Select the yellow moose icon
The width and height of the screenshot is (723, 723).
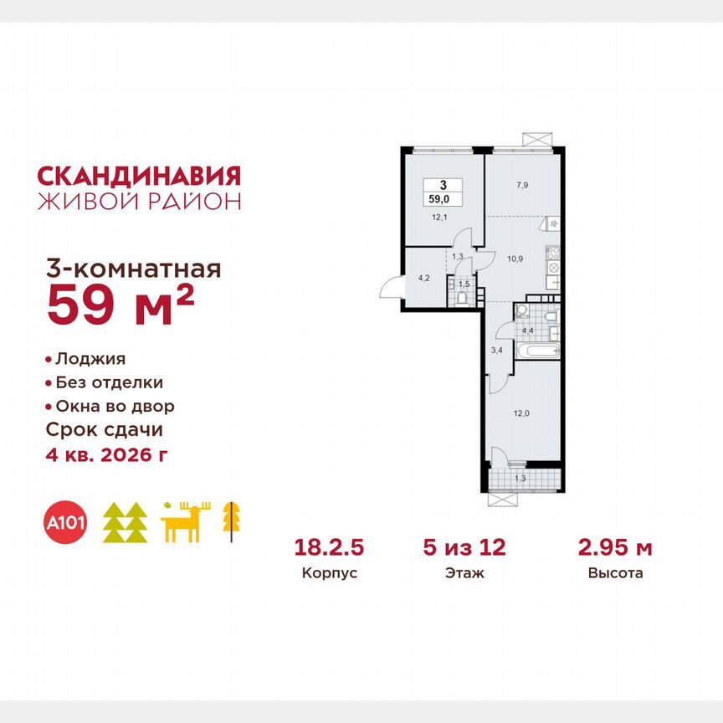pos(186,522)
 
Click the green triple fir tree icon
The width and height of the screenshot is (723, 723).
pos(125,523)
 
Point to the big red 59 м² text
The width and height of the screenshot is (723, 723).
pos(120,305)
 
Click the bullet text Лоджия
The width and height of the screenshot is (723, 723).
pos(90,359)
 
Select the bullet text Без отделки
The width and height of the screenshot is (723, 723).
pos(109,383)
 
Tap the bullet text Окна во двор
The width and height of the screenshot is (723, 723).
pos(115,407)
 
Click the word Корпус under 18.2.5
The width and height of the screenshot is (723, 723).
pos(330,574)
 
